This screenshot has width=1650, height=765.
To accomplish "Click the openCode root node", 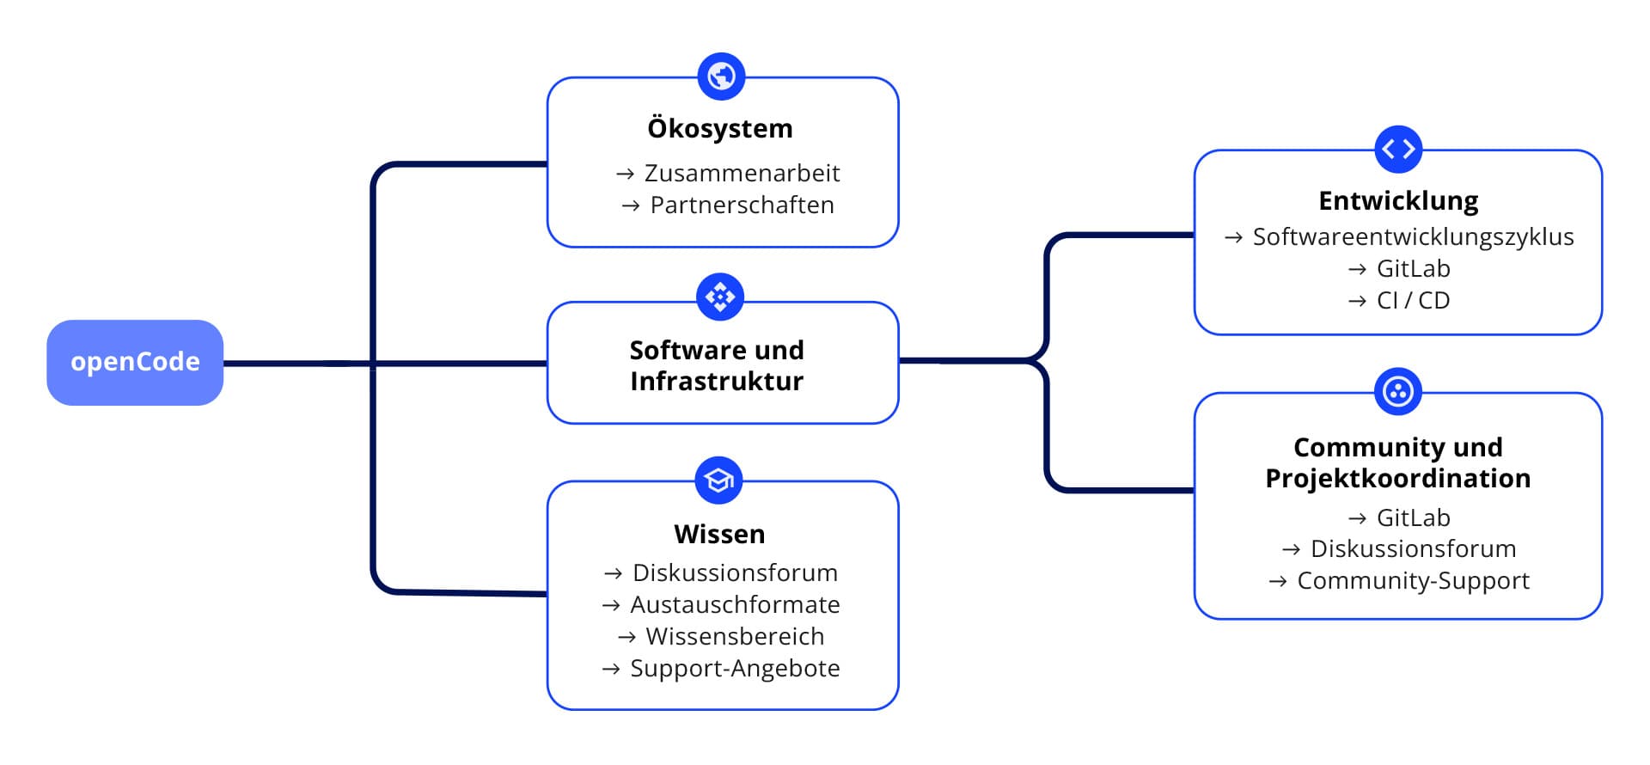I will point(135,362).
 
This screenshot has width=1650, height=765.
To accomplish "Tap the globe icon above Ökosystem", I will point(721,76).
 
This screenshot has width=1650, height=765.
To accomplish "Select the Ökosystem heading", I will point(720,129).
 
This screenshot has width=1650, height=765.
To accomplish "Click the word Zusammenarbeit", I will point(742,174).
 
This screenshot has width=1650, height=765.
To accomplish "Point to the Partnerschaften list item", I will point(742,205).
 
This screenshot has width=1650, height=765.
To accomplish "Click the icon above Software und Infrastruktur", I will point(720,297).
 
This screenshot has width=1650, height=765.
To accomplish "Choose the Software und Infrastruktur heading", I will point(717,365).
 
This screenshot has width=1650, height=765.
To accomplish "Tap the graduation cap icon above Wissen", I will point(718,480).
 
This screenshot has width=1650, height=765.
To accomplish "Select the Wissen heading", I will point(719,535).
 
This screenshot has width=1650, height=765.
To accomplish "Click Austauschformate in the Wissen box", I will point(735,605).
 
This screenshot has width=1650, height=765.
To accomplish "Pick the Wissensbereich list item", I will point(735,637).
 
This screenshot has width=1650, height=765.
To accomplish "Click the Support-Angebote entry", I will point(735,669).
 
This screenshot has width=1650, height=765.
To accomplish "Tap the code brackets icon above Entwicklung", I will point(1398,150).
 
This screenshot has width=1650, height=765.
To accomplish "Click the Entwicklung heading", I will point(1398,201).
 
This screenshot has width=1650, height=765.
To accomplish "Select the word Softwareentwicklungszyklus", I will point(1413,237).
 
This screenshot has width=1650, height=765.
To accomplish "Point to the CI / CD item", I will point(1413,301).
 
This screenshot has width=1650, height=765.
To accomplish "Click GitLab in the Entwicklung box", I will point(1413,269).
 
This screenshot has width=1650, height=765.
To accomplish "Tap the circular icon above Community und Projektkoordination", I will point(1398,392).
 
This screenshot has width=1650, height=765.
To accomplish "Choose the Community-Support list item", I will point(1413,581).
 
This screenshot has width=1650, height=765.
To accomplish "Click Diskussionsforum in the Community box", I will point(1413,549).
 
